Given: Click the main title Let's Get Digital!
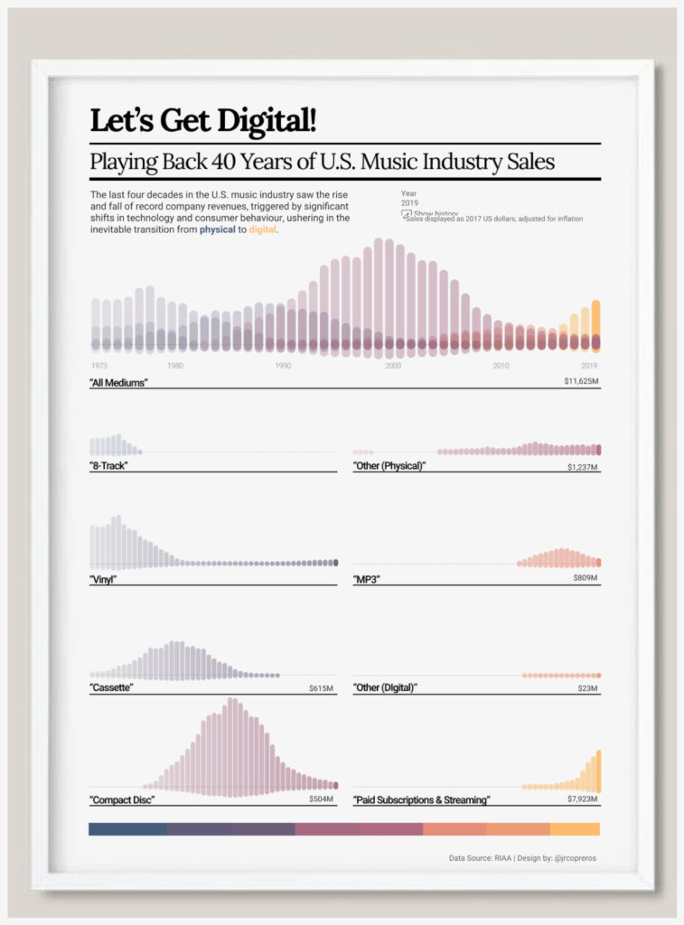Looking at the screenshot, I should point(203,120).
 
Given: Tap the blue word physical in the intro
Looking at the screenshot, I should point(217,230).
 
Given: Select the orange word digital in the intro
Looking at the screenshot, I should point(263,230).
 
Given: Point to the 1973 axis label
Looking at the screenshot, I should point(98,366).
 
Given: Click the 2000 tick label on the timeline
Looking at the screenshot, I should point(392,366).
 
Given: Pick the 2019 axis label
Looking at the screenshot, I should point(589,366).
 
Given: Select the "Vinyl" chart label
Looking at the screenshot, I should point(104,579).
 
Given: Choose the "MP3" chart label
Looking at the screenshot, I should point(367,579).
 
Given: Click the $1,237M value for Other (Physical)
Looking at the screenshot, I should point(583,467).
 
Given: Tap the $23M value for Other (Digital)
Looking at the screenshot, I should point(588,689).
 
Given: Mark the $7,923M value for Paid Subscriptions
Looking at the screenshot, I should point(583,799).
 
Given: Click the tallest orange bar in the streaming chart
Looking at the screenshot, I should point(598,771).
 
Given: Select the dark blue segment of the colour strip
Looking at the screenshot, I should point(127,829).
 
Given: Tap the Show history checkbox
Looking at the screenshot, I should point(407,214).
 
